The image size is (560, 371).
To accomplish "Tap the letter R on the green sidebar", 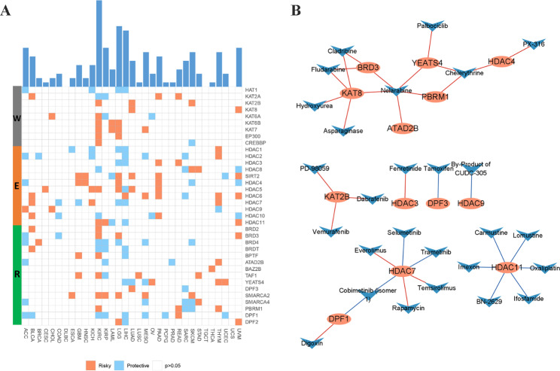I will click(17, 275).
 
